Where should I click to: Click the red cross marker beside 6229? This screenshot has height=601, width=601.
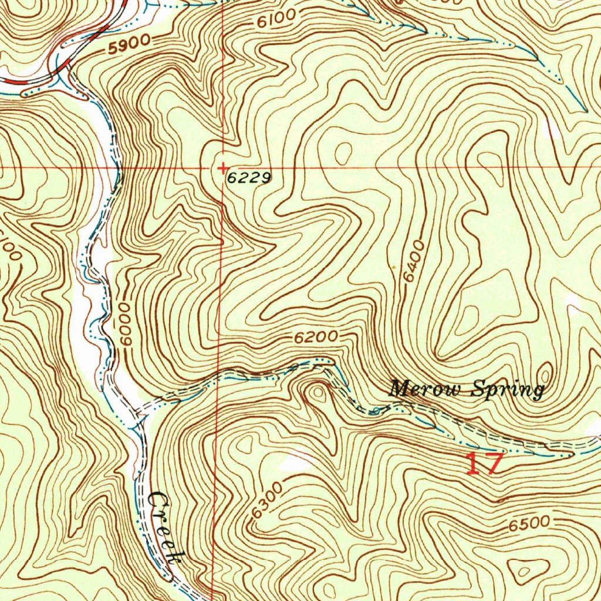coord(223,169)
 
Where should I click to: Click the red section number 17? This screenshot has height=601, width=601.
coord(484,463)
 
